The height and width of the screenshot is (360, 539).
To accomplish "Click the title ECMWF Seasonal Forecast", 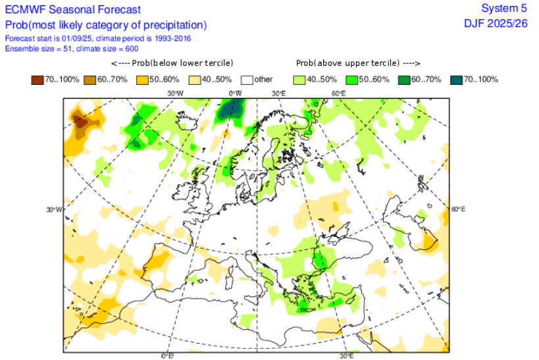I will [72, 9].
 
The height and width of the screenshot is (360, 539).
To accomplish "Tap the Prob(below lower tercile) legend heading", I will [172, 63].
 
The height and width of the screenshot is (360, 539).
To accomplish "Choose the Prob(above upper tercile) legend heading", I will [357, 63].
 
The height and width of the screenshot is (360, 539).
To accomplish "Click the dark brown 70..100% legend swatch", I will [37, 80].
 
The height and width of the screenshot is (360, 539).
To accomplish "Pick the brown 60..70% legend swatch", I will [90, 80].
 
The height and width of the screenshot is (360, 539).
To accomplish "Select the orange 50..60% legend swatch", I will [142, 80].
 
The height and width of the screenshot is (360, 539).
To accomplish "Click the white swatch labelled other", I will [247, 80].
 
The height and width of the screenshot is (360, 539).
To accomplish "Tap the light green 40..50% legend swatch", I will [300, 80].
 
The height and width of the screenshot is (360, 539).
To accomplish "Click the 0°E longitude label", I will [168, 356].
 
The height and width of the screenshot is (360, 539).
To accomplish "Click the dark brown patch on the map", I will [80, 122].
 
